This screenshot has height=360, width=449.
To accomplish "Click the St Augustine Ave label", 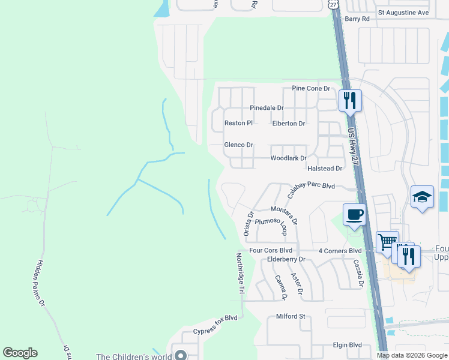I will [x=403, y=12].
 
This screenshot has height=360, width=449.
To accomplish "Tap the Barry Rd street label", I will [x=357, y=19].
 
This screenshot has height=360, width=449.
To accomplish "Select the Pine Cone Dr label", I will [x=311, y=88].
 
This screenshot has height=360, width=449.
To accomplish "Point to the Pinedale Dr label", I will [x=267, y=108].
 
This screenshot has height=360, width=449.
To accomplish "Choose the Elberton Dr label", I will [x=289, y=124].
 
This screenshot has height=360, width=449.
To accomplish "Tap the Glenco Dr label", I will [x=239, y=145].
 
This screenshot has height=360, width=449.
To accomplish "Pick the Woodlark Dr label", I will [x=289, y=158].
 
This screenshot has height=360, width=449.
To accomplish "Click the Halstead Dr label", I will [x=325, y=169].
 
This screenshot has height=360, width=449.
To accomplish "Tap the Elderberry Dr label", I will [x=286, y=259].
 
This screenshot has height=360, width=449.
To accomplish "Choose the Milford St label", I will [x=291, y=316].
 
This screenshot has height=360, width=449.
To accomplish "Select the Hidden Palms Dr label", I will [x=35, y=283].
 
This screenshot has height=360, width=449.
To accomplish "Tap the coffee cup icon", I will [x=354, y=214].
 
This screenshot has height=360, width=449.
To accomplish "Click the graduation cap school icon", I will [x=423, y=196].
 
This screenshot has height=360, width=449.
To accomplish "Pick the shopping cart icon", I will [x=387, y=242].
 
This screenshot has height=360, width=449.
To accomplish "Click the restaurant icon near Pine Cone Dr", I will [x=350, y=99].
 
